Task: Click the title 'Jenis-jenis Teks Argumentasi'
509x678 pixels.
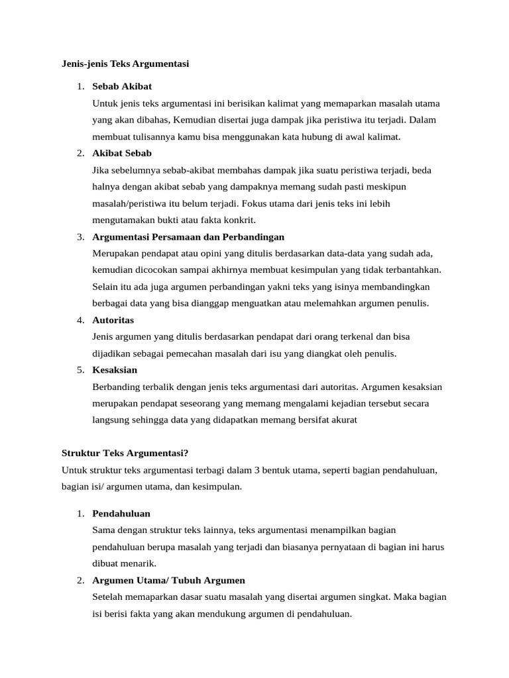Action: [125, 64]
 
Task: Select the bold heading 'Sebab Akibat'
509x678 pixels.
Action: [122, 87]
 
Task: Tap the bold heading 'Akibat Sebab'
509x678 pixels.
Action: [122, 153]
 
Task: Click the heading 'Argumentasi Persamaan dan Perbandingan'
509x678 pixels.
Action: [188, 236]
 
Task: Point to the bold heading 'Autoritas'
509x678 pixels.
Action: [113, 320]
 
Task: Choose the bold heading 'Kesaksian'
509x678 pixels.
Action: [115, 369]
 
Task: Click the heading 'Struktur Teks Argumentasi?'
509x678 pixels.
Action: [125, 453]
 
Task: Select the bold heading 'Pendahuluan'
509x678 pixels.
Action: [121, 513]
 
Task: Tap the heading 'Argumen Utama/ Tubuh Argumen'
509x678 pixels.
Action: [168, 580]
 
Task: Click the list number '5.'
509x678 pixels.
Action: [80, 369]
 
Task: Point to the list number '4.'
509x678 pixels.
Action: [80, 320]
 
